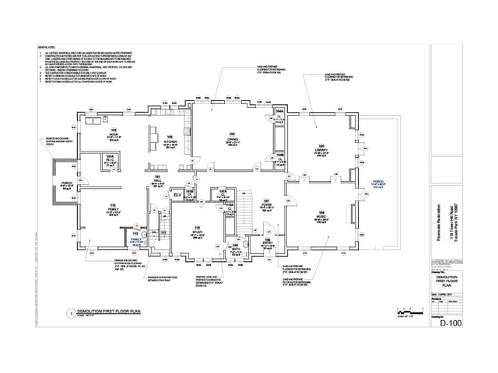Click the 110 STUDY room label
click(197, 232)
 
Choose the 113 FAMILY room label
click(112, 210)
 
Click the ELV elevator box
click(177, 193)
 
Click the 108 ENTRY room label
click(265, 245)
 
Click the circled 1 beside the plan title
click(71, 313)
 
